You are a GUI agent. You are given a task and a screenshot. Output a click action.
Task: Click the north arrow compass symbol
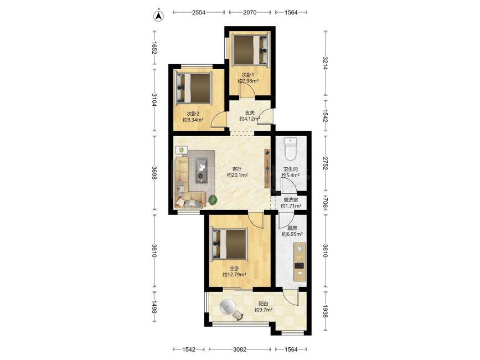[x=158, y=16]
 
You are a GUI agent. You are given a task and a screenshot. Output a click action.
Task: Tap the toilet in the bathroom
[x=290, y=149]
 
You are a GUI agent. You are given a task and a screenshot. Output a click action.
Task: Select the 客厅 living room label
[x=238, y=169]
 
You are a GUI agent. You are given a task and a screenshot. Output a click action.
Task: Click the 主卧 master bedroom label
[x=235, y=268]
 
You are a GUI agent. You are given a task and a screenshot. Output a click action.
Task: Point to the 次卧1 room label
[x=248, y=74]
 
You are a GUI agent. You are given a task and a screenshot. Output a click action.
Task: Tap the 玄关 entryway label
[x=250, y=112]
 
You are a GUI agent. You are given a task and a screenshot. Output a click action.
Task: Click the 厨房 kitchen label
[x=292, y=228]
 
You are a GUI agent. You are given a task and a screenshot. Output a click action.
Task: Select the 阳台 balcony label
[x=264, y=304]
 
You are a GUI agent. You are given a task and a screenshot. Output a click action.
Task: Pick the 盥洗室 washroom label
[x=291, y=199]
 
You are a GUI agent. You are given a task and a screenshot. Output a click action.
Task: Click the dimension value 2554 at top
[x=199, y=12]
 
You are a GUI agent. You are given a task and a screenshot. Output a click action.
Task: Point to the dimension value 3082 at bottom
[x=239, y=349]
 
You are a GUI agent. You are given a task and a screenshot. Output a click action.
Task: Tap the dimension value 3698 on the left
[x=154, y=173]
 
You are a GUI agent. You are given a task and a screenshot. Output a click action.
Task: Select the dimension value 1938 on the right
[x=325, y=310]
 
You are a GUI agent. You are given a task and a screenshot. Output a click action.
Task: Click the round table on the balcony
[x=228, y=307]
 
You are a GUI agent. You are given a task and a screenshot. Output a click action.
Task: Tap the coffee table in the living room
[x=202, y=170]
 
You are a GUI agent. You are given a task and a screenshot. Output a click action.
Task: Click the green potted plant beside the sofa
[x=213, y=200]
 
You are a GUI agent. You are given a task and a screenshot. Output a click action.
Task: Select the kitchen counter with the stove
[x=300, y=262]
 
